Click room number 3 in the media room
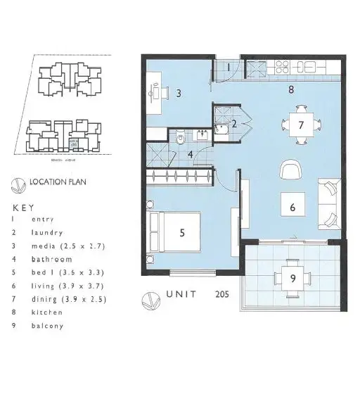[x=179, y=93]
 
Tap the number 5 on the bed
[x=182, y=232]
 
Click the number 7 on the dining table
[x=301, y=125]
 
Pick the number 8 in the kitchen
[x=290, y=90]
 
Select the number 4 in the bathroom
[x=190, y=156]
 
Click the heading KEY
[x=22, y=208]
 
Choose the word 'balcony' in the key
[x=48, y=326]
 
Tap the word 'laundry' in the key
[x=48, y=232]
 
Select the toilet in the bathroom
[x=181, y=136]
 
